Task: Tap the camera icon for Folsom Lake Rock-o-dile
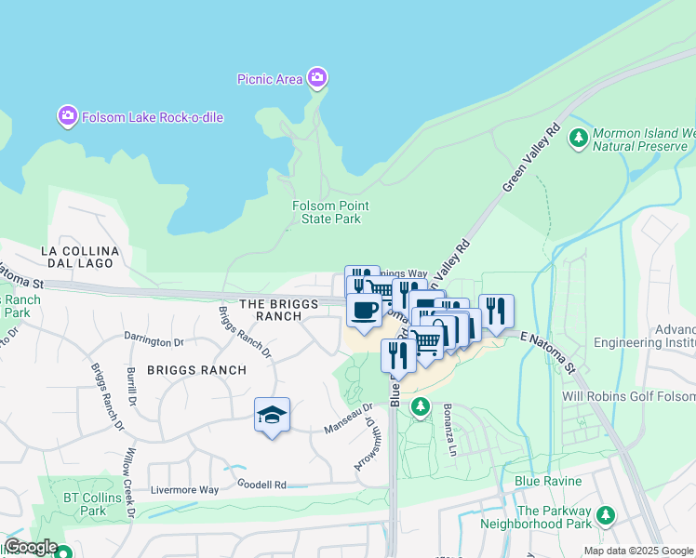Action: [67, 117]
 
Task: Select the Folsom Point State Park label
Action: [330, 212]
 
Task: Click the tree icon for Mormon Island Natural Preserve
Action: [578, 139]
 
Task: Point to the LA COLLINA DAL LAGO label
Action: [79, 259]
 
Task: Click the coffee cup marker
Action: [364, 310]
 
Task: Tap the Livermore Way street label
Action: [187, 490]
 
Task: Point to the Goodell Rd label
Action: [261, 485]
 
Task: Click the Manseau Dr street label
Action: [348, 418]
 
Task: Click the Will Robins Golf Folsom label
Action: [628, 396]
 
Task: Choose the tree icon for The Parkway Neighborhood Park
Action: [606, 513]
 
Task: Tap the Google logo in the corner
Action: [30, 547]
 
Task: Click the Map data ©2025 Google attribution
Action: [638, 551]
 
